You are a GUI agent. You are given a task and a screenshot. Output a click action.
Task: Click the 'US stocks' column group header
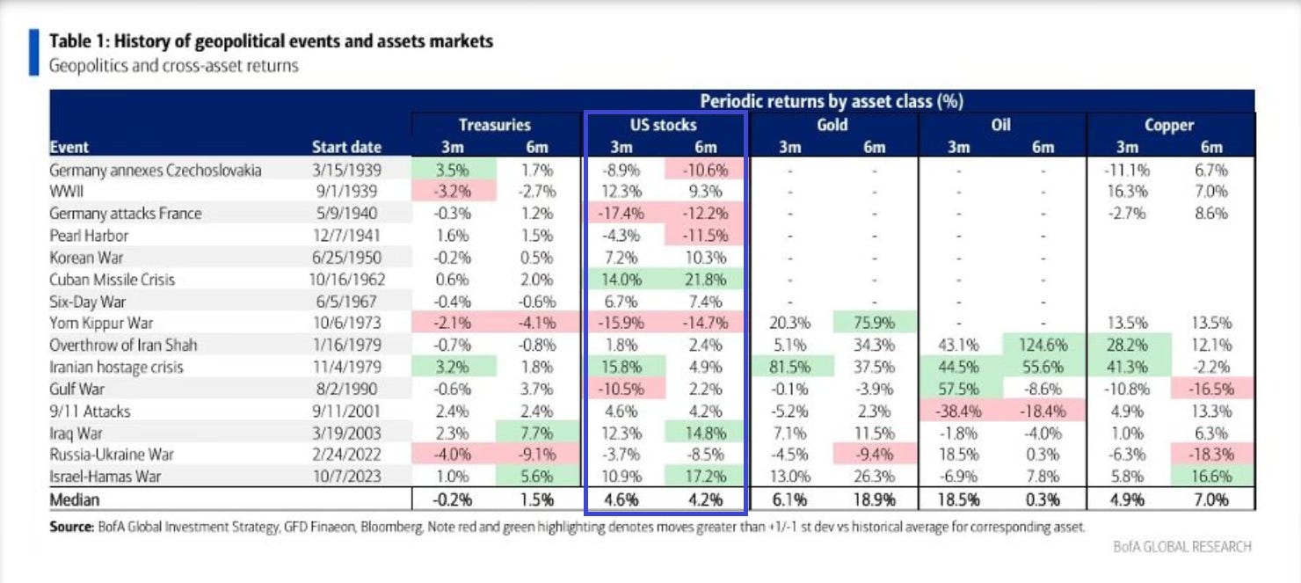point(664,125)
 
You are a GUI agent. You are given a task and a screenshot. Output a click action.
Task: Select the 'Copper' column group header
point(1169,125)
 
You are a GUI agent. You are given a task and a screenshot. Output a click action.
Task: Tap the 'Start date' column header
point(346,147)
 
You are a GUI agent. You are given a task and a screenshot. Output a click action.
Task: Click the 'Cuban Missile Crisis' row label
point(113,280)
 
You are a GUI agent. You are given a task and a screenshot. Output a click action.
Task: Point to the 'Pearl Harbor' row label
point(89,236)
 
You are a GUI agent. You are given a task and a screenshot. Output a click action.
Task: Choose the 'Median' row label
point(75,499)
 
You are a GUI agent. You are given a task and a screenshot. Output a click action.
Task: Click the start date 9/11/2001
point(346,412)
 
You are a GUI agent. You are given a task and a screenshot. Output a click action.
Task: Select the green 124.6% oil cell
point(1043,346)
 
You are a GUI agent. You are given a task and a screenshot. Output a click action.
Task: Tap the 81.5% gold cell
point(790,368)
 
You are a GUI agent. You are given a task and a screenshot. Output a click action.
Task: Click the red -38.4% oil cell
point(958,412)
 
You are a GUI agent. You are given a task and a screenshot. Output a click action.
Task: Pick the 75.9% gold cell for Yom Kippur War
point(874,324)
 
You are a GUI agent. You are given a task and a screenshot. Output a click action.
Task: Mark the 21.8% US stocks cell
point(705,280)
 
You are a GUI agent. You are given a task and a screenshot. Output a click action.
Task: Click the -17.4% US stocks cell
point(621,214)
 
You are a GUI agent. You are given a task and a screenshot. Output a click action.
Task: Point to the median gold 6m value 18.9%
point(874,499)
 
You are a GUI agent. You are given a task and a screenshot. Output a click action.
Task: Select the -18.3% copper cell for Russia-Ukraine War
point(1211,455)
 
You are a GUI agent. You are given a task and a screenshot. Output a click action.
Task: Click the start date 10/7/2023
point(346,477)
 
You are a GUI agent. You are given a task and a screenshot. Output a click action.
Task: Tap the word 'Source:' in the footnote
point(71,528)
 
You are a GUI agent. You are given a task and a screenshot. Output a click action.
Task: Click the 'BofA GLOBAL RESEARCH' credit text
point(1182,547)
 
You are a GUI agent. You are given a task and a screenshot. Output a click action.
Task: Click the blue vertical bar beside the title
point(34,52)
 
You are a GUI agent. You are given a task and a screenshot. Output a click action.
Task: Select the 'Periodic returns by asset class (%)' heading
point(831,101)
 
